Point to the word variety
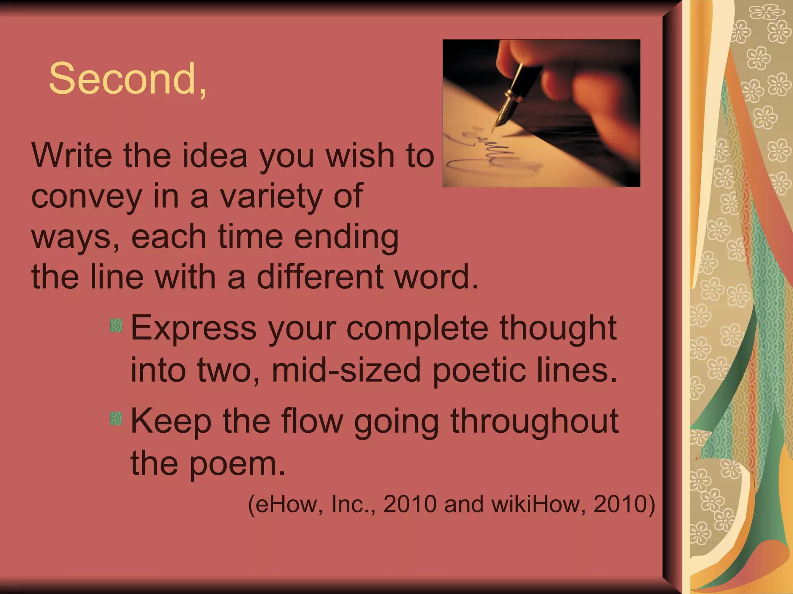tap(271, 196)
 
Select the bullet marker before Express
tap(116, 326)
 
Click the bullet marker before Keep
tap(116, 419)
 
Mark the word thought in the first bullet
tap(558, 328)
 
